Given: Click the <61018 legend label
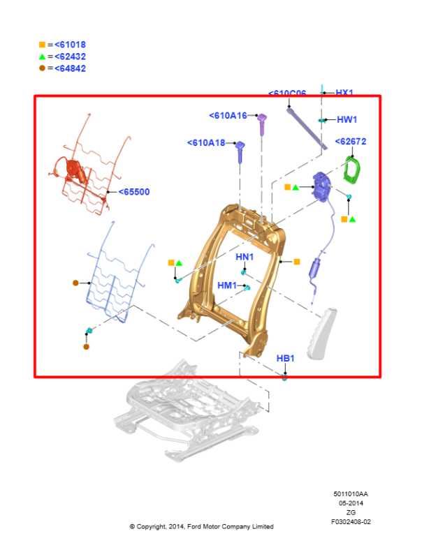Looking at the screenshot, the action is (x=70, y=45).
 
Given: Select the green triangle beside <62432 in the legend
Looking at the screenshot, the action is (x=42, y=57).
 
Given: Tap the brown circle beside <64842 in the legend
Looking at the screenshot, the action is (x=42, y=68).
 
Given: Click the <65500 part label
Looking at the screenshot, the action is (x=133, y=192).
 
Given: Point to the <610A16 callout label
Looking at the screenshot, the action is (x=228, y=116).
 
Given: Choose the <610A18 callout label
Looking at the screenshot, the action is (x=206, y=142).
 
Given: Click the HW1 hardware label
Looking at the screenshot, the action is (x=347, y=119).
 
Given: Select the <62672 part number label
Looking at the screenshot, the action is (x=351, y=142).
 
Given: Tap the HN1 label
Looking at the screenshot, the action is (x=245, y=257).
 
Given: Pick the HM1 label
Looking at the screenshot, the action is (x=227, y=285).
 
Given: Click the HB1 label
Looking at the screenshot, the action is (x=285, y=358).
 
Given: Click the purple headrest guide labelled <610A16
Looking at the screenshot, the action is (x=262, y=124).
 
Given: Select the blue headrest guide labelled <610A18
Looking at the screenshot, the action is (x=240, y=151).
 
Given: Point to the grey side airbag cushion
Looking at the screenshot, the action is (x=321, y=334).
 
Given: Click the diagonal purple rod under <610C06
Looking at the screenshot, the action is (x=307, y=128).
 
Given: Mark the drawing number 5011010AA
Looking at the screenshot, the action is (x=351, y=494).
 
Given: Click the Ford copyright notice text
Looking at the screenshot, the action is (x=201, y=526).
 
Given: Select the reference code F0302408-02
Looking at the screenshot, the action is (x=351, y=522).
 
